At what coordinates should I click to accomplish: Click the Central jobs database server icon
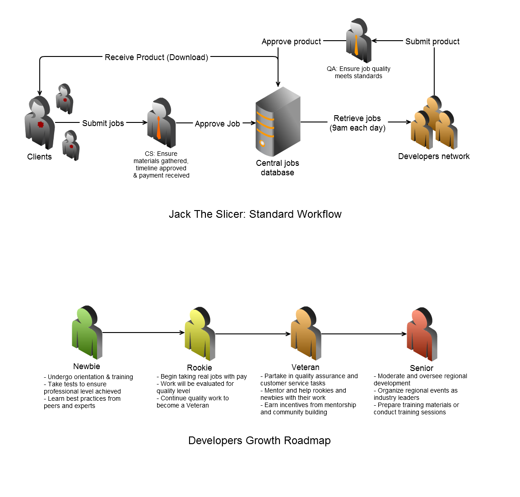pos(278,122)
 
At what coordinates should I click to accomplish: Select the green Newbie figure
pos(87,333)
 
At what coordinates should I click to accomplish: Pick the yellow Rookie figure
pos(200,334)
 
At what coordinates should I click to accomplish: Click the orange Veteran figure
pos(306,334)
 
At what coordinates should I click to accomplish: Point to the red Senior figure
pos(422,335)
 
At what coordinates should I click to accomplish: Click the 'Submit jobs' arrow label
pos(103,123)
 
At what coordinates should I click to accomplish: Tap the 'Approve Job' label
pos(217,124)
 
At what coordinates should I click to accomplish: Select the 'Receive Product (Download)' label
pos(156,57)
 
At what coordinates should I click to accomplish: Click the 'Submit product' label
pos(432,42)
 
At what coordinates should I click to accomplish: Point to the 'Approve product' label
pos(291,42)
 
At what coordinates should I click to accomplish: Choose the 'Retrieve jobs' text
pos(357,118)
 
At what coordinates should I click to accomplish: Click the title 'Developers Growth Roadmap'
pos(259,441)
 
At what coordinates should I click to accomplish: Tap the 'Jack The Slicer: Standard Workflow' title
pos(255,214)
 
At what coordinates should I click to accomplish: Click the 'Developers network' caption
pos(434,156)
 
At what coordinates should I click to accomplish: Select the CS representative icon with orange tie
pos(161,122)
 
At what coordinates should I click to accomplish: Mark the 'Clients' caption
pos(39,157)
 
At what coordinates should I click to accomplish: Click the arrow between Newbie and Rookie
pos(144,333)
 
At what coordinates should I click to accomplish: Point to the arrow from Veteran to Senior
pos(363,334)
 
